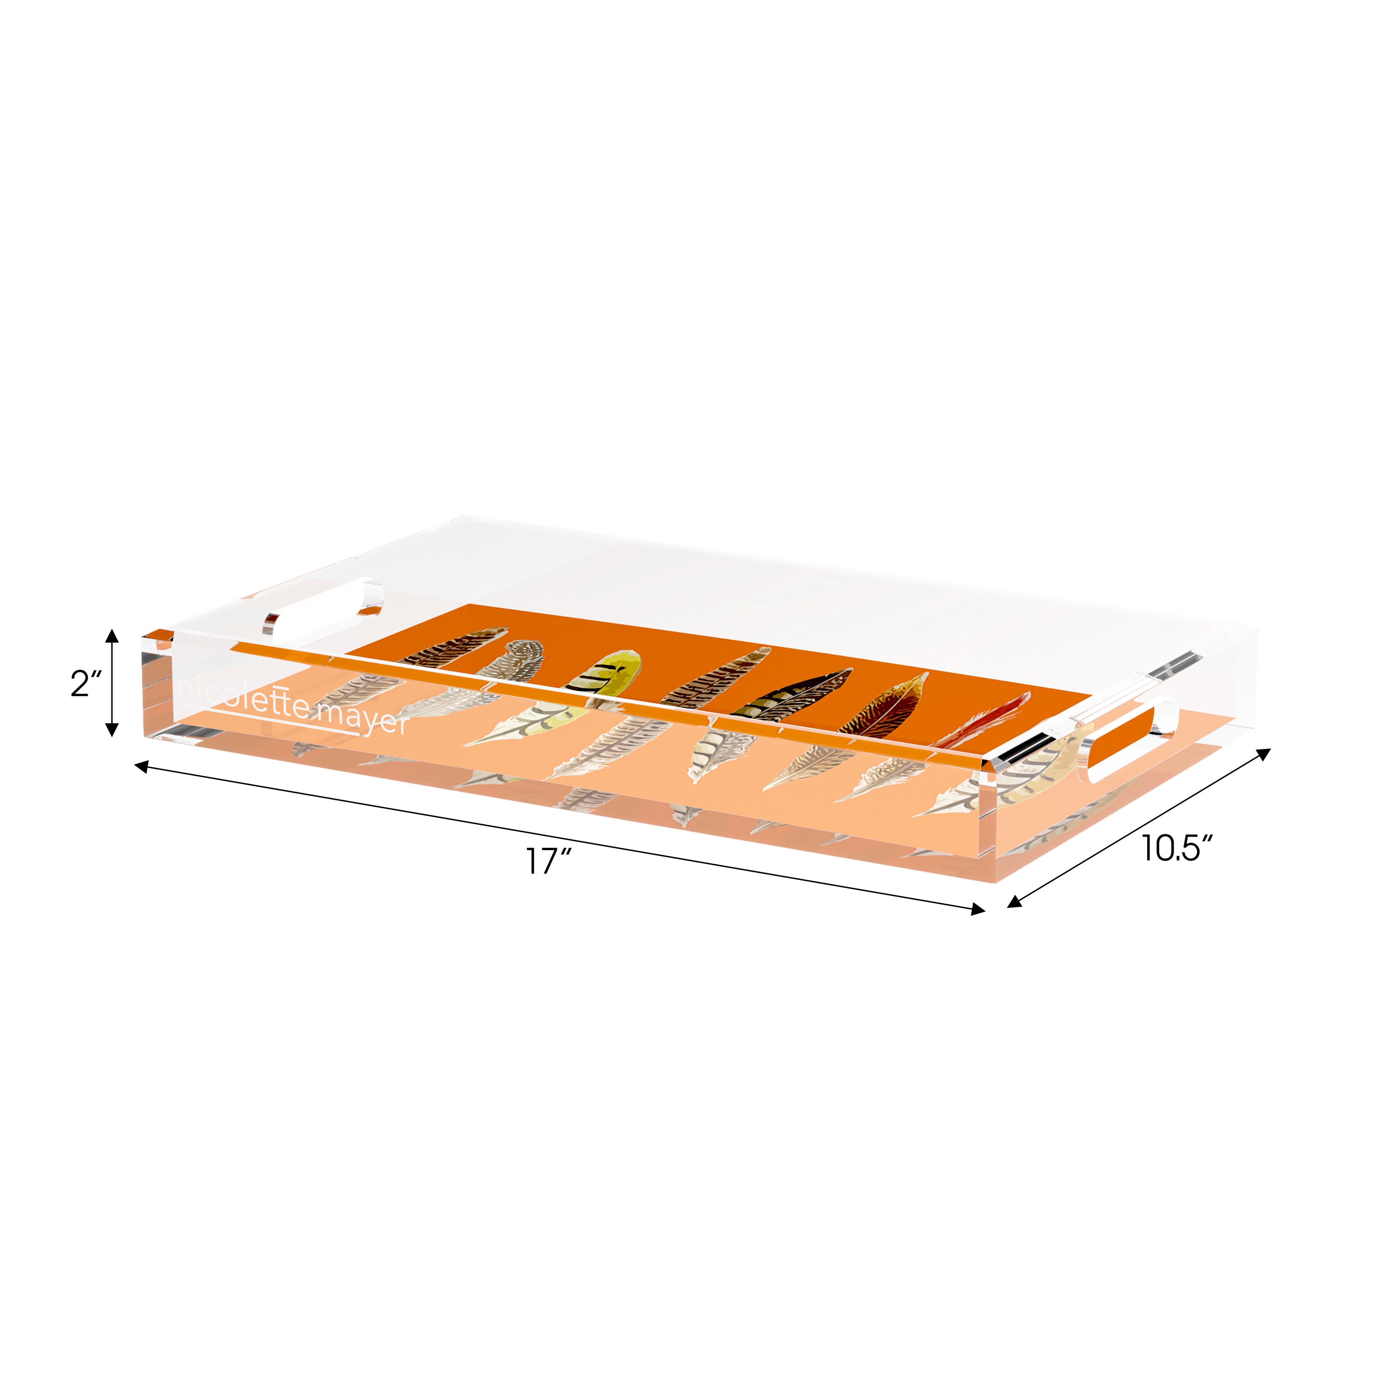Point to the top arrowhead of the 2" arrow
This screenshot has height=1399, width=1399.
point(111,635)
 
